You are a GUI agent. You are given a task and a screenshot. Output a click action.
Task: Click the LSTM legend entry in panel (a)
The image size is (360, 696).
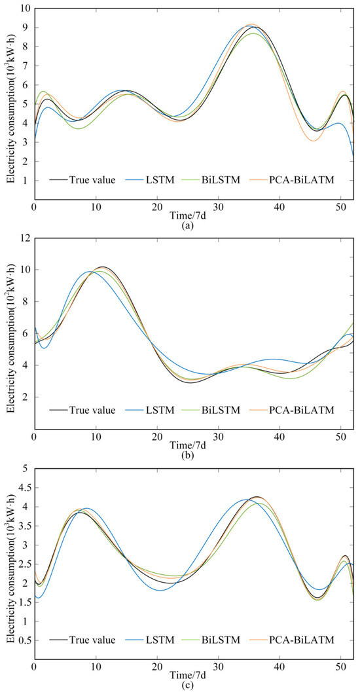tap(166, 180)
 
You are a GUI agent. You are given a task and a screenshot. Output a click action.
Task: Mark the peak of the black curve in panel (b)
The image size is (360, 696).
tap(102, 267)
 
